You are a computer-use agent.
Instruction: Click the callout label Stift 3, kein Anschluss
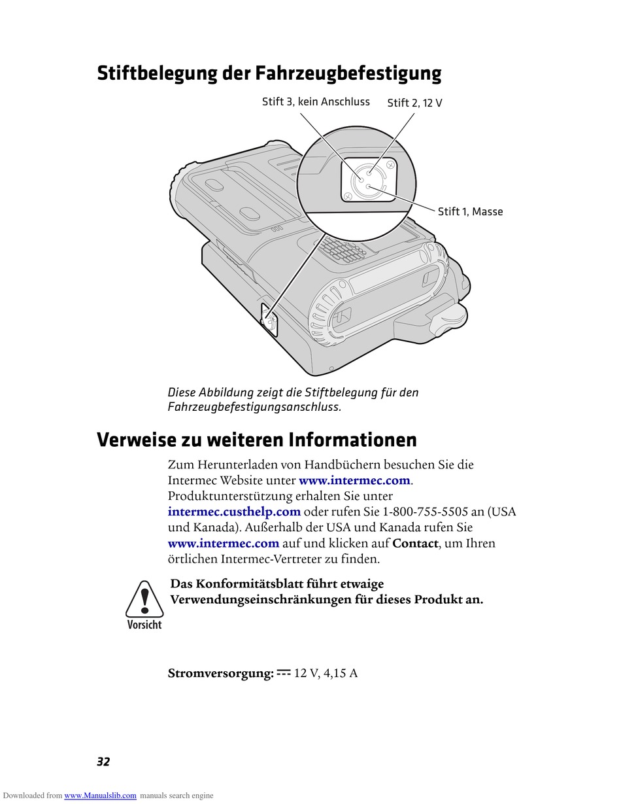[x=316, y=102]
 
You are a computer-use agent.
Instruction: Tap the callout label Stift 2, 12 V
[x=414, y=103]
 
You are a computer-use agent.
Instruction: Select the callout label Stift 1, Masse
[x=470, y=212]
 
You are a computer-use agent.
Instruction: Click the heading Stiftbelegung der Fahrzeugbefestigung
[x=269, y=73]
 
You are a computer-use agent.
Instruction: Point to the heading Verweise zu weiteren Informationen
[x=256, y=440]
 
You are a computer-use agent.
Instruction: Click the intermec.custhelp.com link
[x=234, y=512]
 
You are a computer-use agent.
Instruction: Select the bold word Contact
[x=415, y=543]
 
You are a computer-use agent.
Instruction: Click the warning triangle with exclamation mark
[x=144, y=599]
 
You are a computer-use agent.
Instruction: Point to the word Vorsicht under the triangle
[x=144, y=625]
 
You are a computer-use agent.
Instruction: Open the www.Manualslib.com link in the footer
[x=100, y=795]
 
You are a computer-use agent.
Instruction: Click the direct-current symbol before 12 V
[x=284, y=672]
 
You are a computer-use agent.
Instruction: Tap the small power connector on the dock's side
[x=269, y=320]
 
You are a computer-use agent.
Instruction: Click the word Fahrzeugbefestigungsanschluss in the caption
[x=254, y=407]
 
